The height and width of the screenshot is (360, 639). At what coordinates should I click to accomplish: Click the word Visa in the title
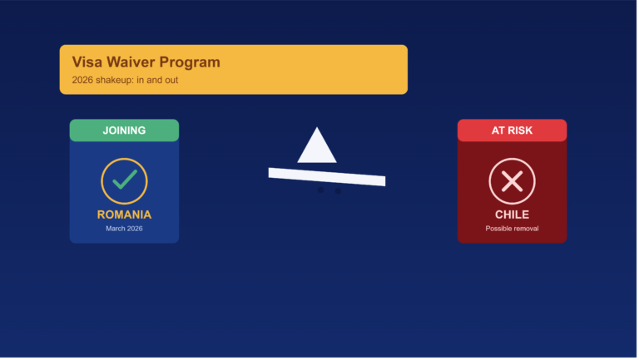click(87, 62)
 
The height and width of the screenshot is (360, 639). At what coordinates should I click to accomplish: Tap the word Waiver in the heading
click(131, 62)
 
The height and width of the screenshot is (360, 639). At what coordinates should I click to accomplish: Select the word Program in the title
click(190, 62)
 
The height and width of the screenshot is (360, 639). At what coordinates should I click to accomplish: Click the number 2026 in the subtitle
click(82, 80)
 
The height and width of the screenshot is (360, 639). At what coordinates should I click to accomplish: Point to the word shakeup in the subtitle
click(115, 80)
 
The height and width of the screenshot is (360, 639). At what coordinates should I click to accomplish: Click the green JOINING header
click(124, 131)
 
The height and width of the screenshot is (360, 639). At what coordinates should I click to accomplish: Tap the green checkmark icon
click(124, 180)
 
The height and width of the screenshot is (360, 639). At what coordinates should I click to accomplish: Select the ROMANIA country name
click(124, 215)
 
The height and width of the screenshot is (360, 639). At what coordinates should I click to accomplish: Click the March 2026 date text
click(124, 229)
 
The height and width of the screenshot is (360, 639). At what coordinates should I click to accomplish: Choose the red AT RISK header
click(512, 131)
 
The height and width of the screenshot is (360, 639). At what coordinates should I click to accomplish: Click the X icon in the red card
click(513, 180)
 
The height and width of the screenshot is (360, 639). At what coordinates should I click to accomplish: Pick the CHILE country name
click(512, 215)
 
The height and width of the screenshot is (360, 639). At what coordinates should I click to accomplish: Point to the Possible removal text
click(512, 229)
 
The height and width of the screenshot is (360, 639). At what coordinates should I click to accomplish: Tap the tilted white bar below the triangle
click(327, 177)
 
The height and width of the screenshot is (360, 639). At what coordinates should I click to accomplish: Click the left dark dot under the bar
click(320, 190)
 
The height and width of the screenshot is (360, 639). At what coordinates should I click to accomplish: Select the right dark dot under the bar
click(339, 191)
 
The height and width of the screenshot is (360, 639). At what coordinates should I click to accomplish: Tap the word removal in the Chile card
click(525, 229)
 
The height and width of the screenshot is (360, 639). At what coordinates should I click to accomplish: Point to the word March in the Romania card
click(116, 229)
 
